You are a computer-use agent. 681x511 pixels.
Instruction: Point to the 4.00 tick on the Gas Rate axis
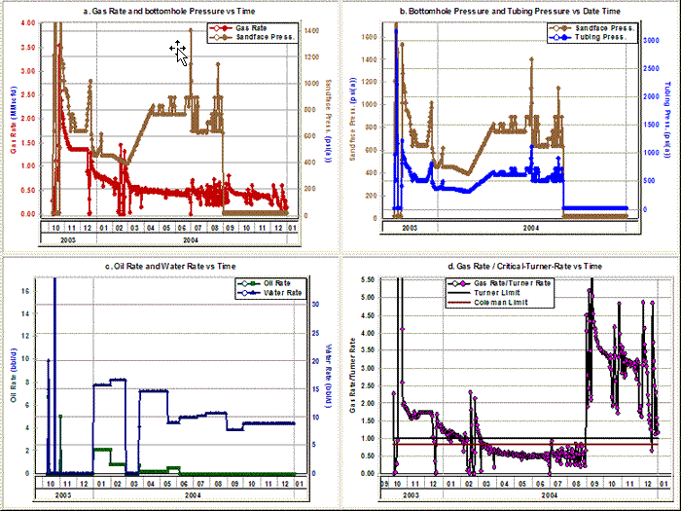pos(26,22)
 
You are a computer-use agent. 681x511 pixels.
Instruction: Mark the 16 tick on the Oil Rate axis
pos(32,291)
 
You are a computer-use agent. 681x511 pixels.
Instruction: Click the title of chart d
pos(513,265)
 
